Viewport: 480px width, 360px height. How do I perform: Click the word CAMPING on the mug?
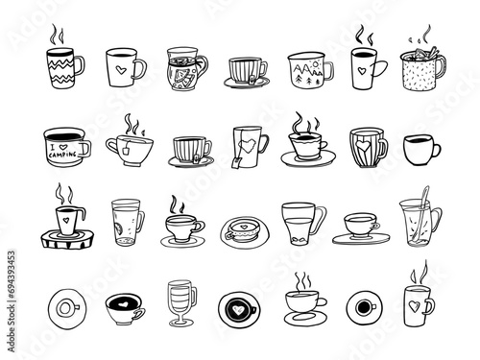point(62,155)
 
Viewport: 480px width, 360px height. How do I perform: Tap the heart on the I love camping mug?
point(63,147)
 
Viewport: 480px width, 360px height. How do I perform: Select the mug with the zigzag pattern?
point(65,67)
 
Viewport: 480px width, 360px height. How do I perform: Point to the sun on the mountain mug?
point(315,63)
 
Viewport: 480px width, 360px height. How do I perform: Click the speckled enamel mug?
point(422,70)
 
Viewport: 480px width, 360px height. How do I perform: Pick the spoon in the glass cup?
point(420,215)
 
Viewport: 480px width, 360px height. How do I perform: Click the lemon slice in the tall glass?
point(118,228)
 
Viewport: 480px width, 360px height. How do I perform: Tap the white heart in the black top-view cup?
point(238,309)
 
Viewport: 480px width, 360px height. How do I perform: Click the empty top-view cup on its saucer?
point(67,309)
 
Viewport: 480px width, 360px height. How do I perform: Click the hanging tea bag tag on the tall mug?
point(235,162)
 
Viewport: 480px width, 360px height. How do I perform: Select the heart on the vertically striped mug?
point(363,146)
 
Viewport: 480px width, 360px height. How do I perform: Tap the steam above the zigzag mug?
point(57,35)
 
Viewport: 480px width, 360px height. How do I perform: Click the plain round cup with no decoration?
point(421,150)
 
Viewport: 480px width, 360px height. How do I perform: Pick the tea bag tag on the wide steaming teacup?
point(126,149)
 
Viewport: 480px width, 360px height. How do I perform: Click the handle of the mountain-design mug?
point(329,71)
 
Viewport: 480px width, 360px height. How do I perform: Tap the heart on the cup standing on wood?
point(66,220)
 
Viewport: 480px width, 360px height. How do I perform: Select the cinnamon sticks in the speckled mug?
point(430,53)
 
